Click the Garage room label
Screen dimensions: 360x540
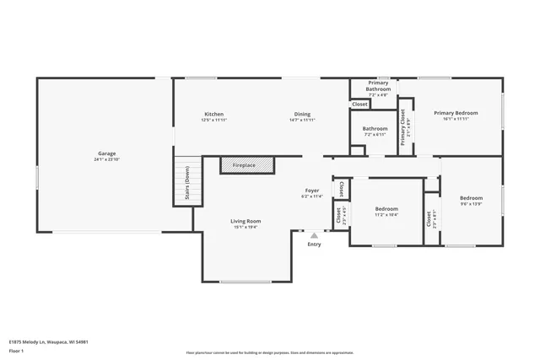(x=106, y=153)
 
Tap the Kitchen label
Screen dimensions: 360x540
(x=213, y=114)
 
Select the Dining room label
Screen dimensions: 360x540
(x=302, y=114)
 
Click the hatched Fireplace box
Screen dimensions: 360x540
(x=248, y=165)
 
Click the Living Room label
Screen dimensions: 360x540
(x=246, y=221)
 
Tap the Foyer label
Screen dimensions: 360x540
(x=312, y=191)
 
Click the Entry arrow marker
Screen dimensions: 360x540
(x=314, y=236)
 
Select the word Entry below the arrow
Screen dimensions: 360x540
(x=314, y=244)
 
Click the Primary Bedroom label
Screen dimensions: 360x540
(x=456, y=113)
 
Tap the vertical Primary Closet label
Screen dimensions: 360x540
(x=404, y=126)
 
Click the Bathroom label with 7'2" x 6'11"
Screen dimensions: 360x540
(x=375, y=129)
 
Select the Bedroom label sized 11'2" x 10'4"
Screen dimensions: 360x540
(x=386, y=208)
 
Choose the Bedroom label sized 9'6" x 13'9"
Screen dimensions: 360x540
(x=471, y=198)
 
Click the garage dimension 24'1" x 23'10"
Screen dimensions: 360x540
(x=106, y=159)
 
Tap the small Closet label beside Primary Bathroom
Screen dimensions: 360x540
(x=359, y=105)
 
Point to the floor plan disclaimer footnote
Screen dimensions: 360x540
(x=269, y=352)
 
